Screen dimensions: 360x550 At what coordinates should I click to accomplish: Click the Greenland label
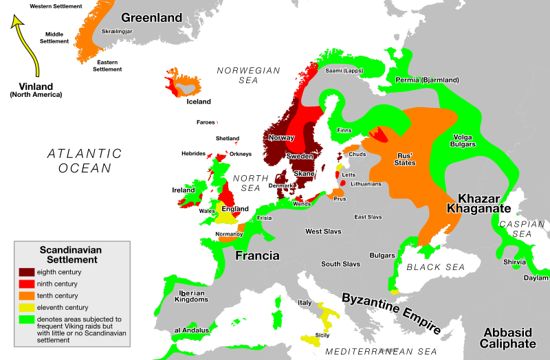151,18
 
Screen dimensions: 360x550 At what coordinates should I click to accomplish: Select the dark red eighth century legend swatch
27,273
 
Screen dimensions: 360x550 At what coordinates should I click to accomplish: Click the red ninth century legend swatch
27,284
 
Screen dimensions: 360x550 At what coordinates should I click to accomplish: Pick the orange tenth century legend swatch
27,295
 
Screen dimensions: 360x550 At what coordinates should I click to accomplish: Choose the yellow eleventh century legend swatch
27,307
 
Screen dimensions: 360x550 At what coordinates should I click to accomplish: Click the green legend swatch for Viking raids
27,319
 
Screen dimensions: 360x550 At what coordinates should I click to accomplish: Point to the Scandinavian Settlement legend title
68,255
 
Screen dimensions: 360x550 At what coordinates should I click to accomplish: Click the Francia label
257,256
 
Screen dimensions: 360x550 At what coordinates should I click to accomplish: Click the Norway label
281,137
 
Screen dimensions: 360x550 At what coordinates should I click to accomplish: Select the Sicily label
322,335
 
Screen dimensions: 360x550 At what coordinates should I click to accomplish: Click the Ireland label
184,190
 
